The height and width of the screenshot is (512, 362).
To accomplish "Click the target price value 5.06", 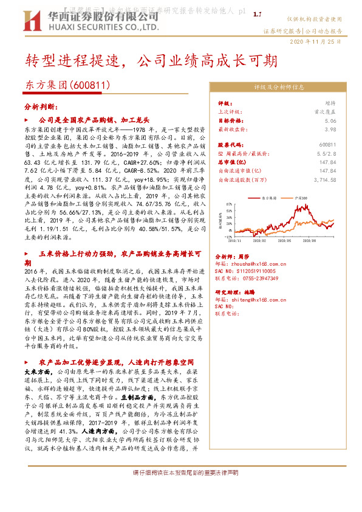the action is [x=330, y=121].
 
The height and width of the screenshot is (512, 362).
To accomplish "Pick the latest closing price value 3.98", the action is [x=330, y=130].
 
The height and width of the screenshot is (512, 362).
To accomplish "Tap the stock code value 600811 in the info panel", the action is [x=327, y=145].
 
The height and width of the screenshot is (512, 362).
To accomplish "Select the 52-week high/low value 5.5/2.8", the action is [x=327, y=154].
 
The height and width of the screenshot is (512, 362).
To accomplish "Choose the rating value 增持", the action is [x=329, y=104].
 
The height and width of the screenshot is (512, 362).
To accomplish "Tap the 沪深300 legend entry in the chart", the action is [x=301, y=198].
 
